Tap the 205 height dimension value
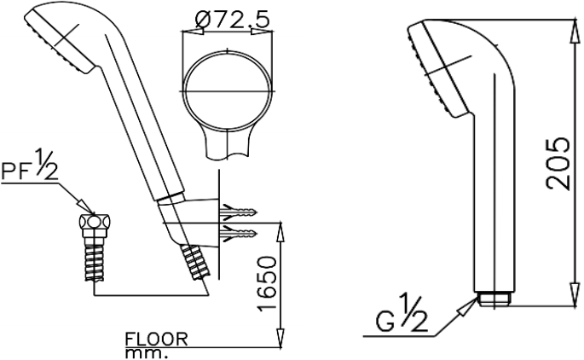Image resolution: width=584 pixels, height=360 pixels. [x=558, y=164]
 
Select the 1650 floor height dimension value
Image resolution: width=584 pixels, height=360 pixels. [x=267, y=283]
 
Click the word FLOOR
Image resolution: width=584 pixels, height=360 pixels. [x=156, y=339]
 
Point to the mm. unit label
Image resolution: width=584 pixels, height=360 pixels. [x=144, y=353]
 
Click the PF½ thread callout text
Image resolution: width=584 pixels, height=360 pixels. [x=30, y=165]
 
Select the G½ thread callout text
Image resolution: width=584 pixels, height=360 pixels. [x=402, y=315]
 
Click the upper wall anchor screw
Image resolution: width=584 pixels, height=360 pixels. [x=240, y=212]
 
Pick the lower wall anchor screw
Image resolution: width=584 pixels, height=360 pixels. [x=240, y=234]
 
